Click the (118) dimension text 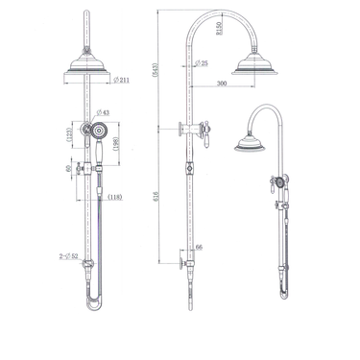click(x=115, y=197)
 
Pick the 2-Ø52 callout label click(x=68, y=255)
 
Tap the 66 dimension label click(x=199, y=247)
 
